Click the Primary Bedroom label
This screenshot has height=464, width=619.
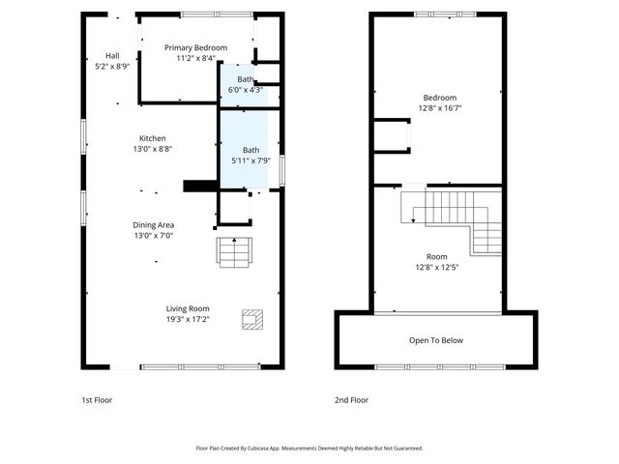(x=195, y=47)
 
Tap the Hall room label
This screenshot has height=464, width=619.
(x=112, y=55)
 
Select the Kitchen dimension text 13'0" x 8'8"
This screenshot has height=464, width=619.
(x=152, y=149)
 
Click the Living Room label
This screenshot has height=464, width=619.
(x=188, y=308)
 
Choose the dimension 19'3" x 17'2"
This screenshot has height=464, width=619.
(x=188, y=319)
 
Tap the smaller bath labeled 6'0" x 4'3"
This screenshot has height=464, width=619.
(x=245, y=84)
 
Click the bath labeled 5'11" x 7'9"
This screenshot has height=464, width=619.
(x=251, y=155)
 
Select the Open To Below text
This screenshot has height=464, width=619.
(x=436, y=340)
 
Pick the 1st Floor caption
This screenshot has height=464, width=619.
(x=97, y=400)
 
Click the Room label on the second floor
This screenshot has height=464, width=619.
(x=437, y=256)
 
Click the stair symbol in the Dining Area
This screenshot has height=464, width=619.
(x=233, y=251)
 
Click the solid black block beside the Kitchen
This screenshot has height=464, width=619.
(x=199, y=186)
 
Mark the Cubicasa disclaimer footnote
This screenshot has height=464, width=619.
(x=309, y=449)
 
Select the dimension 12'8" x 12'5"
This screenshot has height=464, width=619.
(x=437, y=267)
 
